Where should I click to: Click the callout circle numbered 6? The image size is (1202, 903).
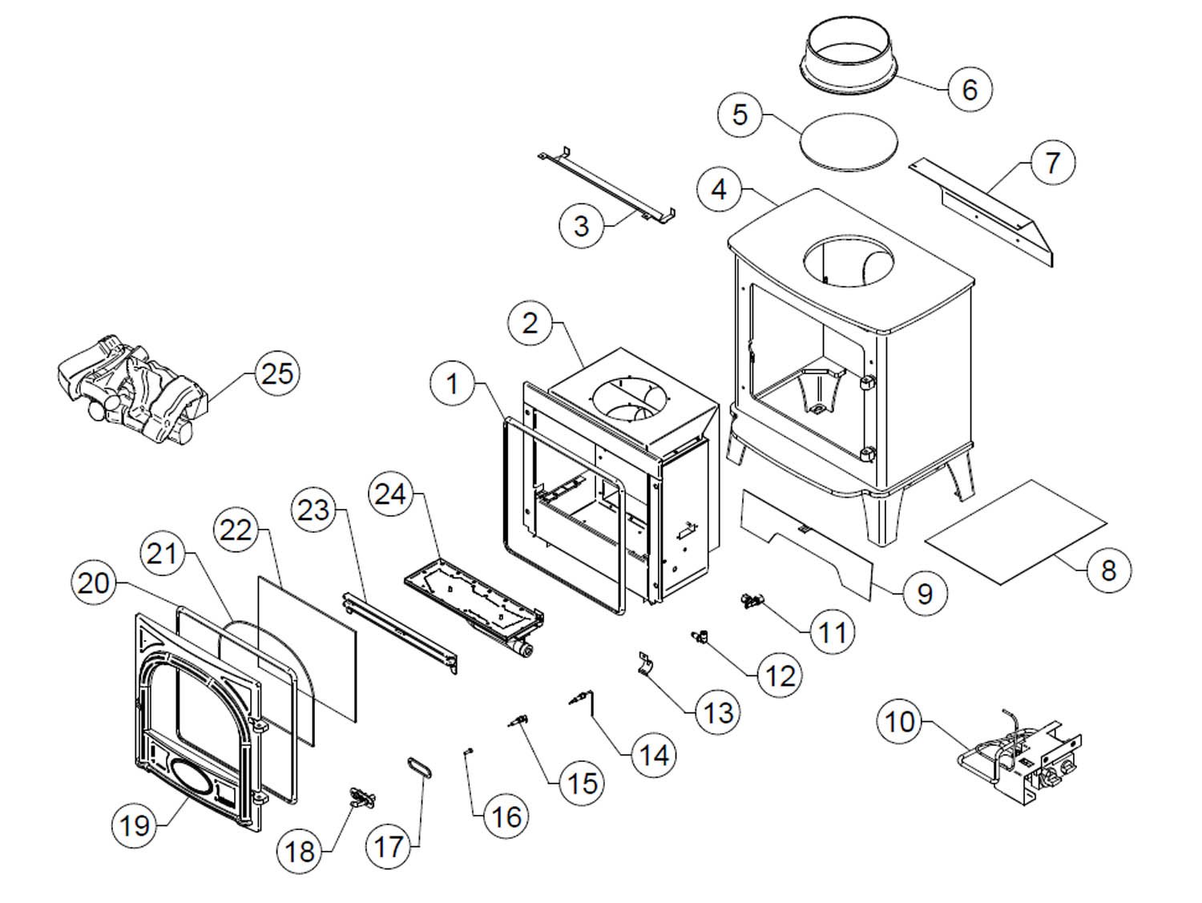(969, 89)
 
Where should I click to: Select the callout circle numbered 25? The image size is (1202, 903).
(277, 373)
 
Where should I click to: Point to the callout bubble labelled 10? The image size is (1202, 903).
(900, 721)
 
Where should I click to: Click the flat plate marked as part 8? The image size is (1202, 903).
(1015, 533)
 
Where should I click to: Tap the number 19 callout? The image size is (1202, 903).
(135, 824)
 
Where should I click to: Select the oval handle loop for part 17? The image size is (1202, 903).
(422, 767)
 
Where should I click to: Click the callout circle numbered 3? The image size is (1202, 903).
(582, 226)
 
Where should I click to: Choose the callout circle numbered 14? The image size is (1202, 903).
(654, 754)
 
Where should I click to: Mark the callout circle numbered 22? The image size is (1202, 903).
(236, 530)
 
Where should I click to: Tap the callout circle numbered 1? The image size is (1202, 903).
(453, 384)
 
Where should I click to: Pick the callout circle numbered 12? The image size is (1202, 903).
(780, 675)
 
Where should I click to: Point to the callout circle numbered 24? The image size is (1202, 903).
(390, 494)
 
